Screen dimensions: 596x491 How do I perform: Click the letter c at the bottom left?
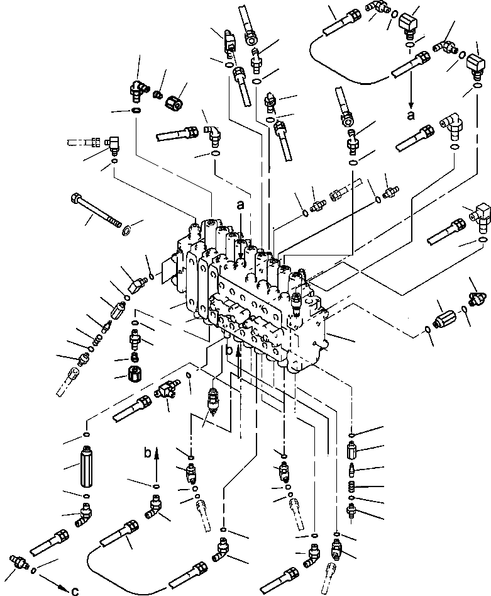point(74,590)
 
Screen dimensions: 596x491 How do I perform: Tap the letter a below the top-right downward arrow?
point(411,115)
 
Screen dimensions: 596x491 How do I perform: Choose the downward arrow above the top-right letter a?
point(411,94)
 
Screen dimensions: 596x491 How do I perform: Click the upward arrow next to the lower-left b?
point(157,458)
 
